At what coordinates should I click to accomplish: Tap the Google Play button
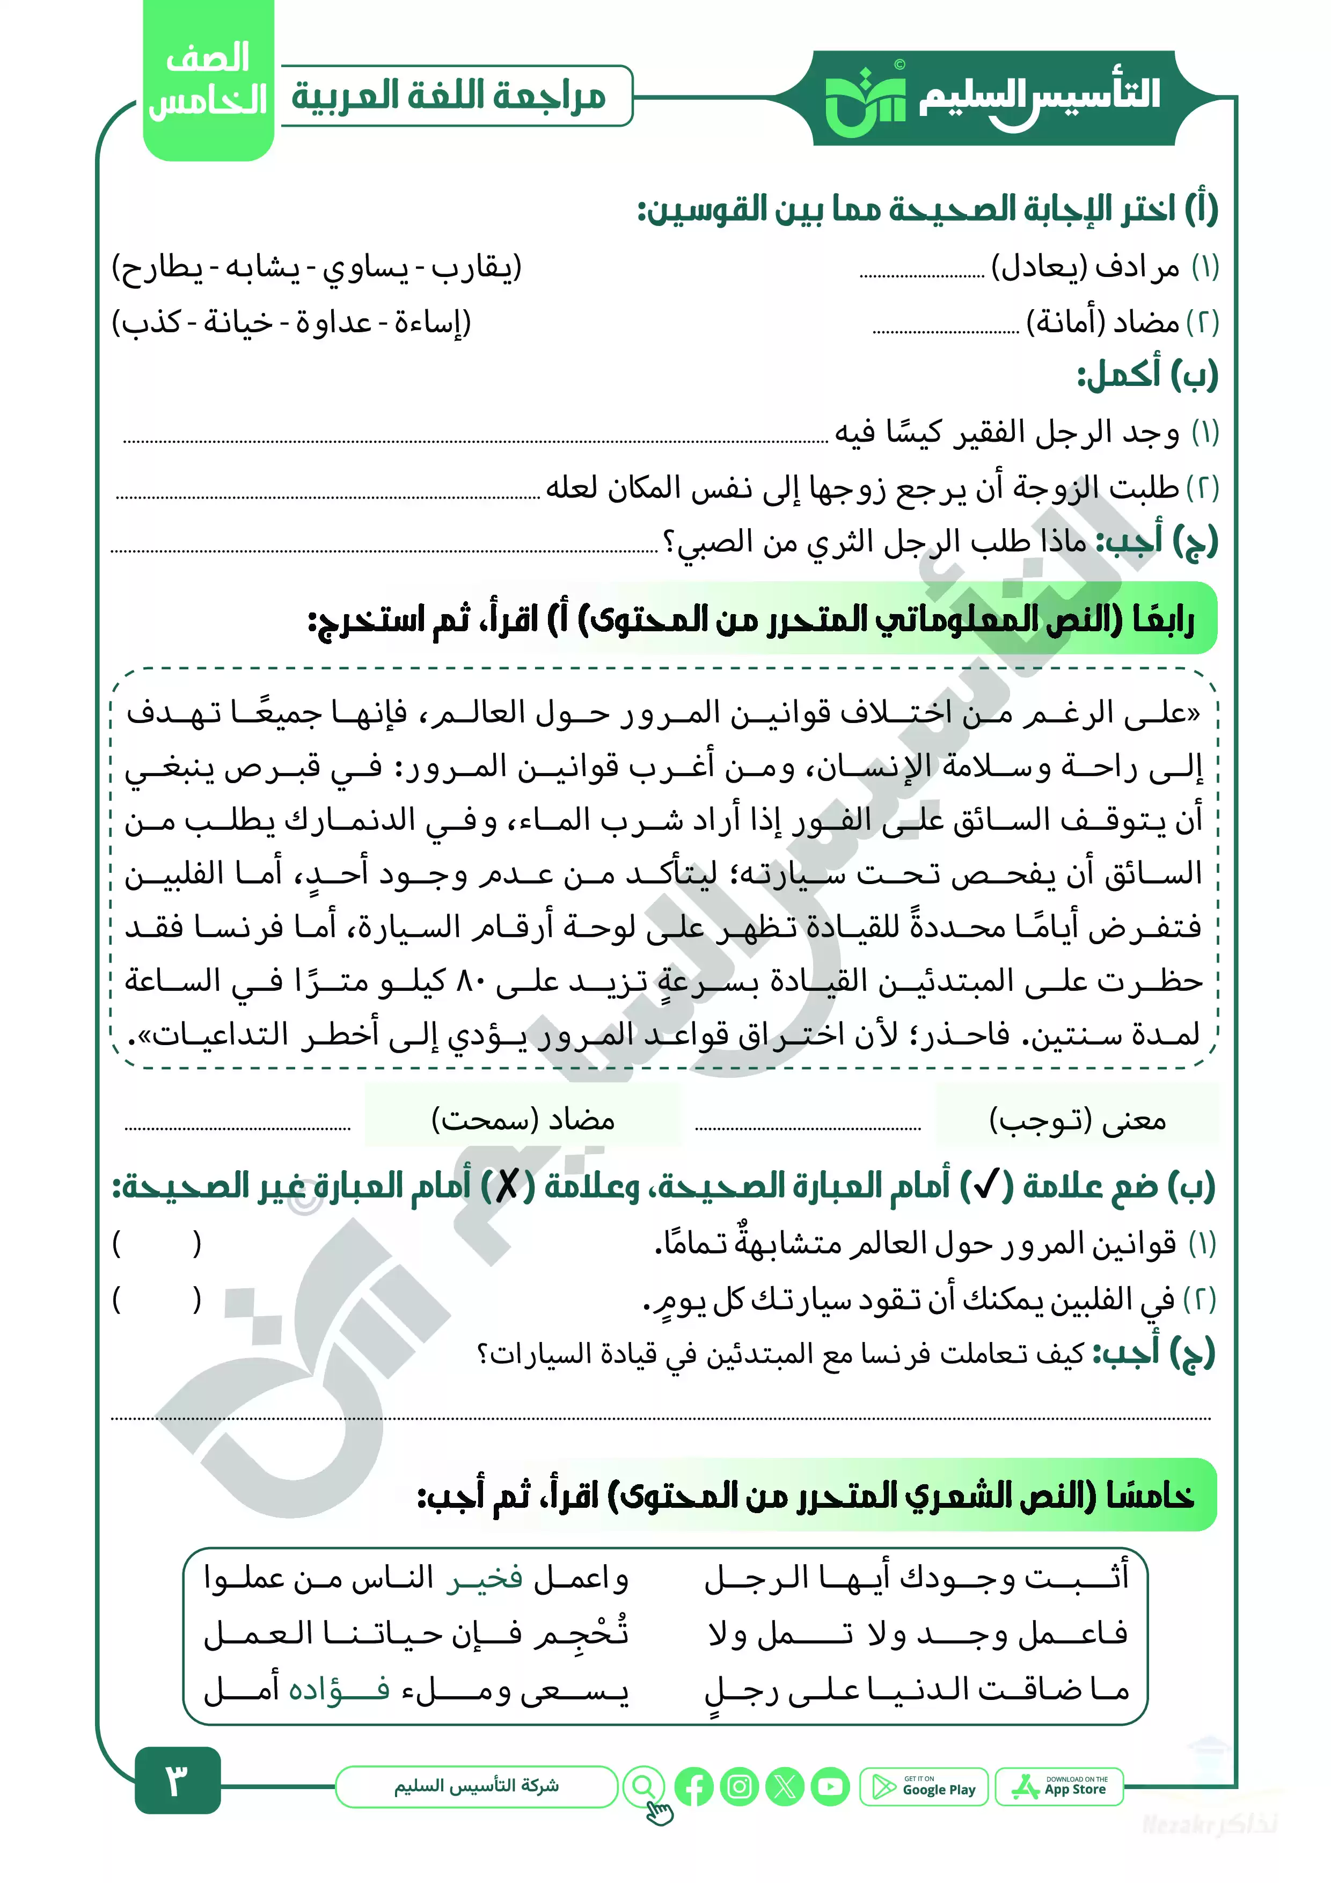[924, 1787]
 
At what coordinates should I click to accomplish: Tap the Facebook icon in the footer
[694, 1787]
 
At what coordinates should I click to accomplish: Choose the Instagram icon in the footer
[739, 1787]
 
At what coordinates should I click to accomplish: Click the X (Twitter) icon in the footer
[784, 1787]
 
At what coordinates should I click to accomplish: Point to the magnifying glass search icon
[644, 1786]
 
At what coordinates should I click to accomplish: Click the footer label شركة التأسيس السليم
[477, 1786]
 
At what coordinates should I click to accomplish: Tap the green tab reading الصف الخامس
[208, 81]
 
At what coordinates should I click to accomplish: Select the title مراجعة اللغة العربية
[449, 96]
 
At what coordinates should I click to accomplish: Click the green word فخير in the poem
[485, 1579]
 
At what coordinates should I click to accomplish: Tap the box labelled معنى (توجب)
[1077, 1120]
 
